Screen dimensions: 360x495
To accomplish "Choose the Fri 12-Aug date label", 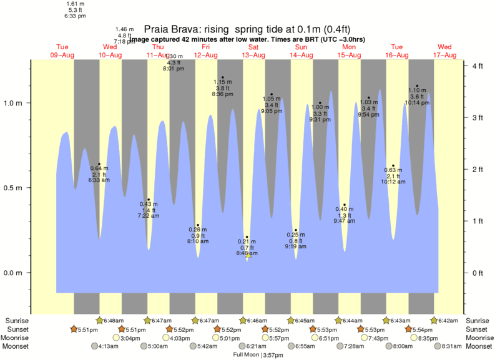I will click(206, 51).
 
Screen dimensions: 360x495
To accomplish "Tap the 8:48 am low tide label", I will click(247, 253).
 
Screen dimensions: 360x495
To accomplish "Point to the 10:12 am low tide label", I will click(393, 181).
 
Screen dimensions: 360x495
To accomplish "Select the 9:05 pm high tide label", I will click(272, 110).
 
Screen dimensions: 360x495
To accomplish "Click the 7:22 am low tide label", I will click(149, 215).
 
